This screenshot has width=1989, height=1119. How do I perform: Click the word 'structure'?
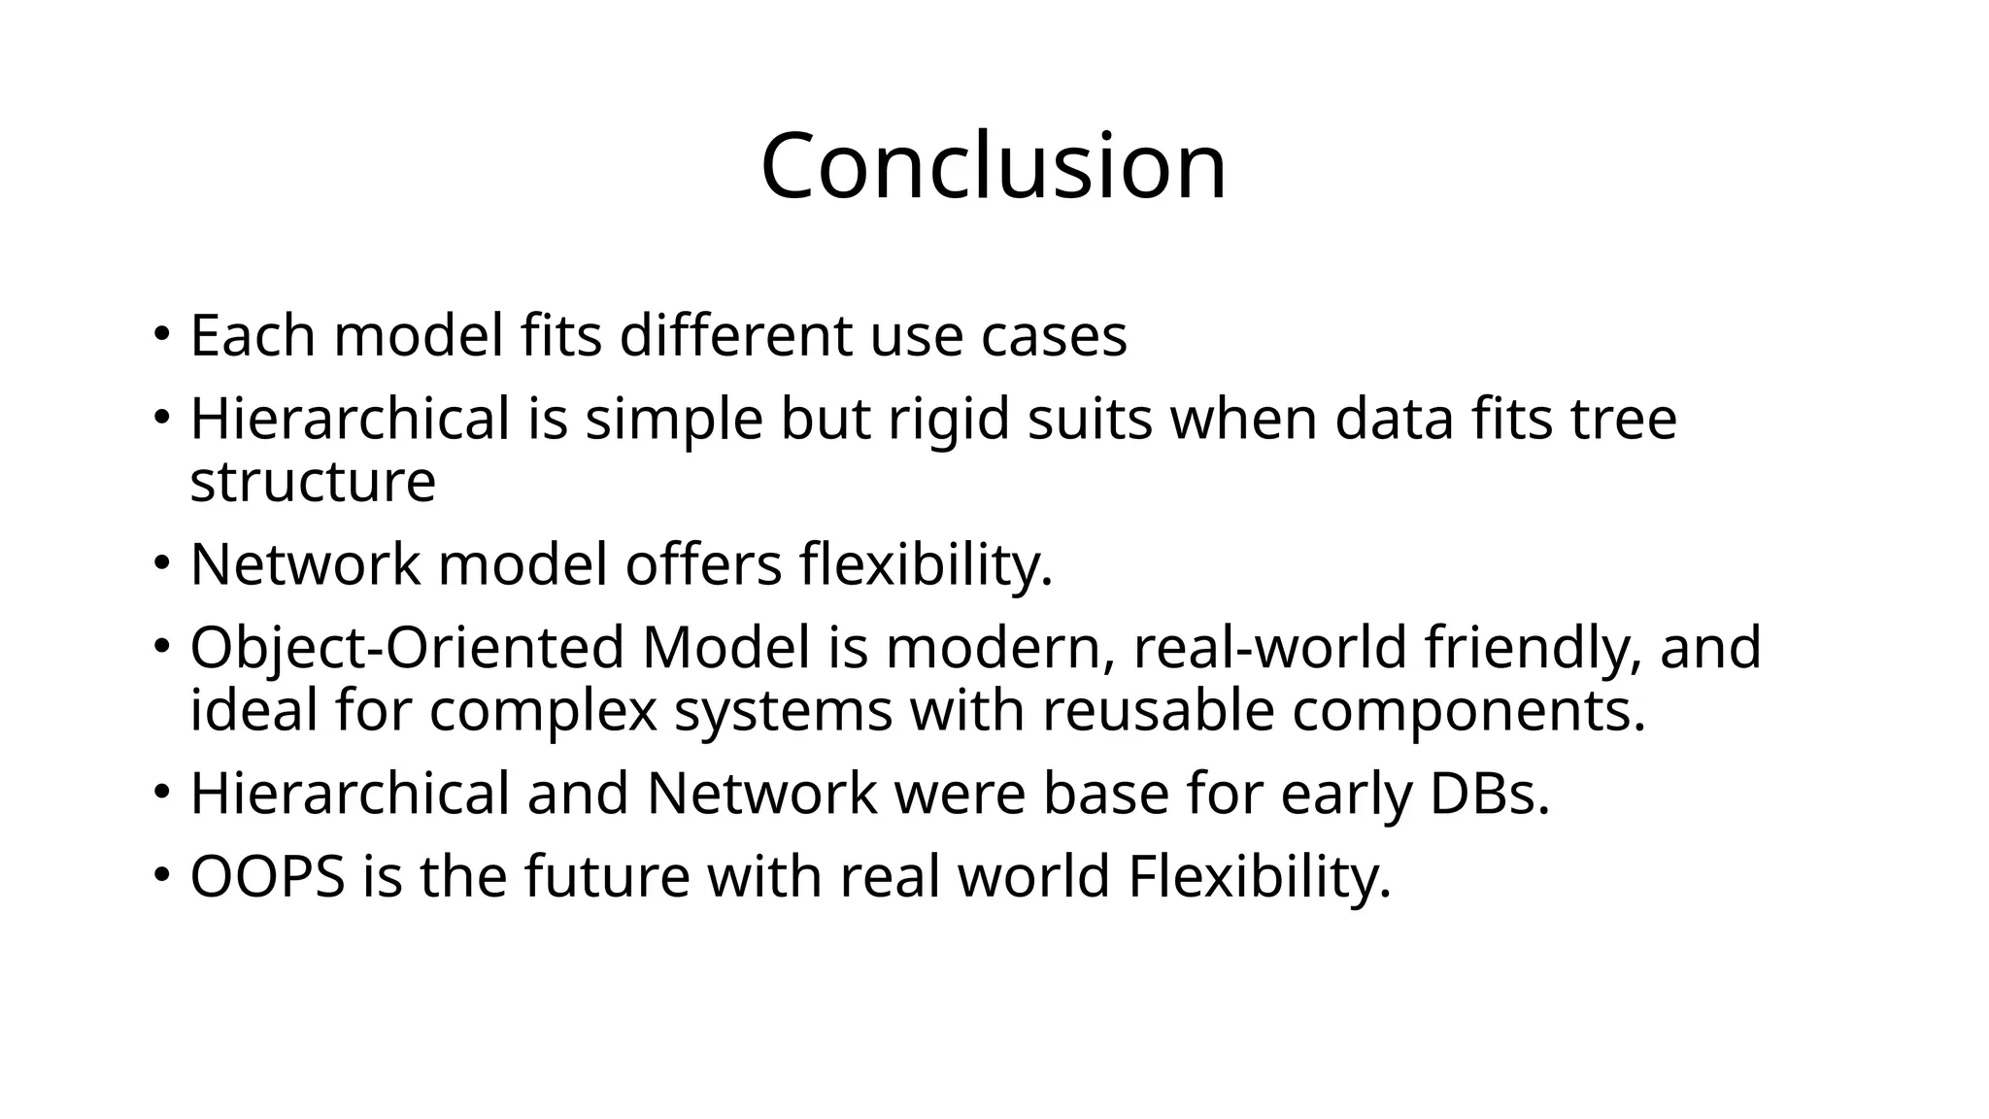tap(313, 482)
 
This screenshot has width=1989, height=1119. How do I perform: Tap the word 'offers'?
tap(703, 564)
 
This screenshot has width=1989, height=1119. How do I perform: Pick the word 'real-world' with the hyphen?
tap(1269, 648)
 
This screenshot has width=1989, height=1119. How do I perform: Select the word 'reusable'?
tap(1158, 711)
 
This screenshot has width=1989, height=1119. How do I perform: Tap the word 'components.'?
tap(1468, 711)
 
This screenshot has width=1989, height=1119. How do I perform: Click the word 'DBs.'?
tap(1490, 794)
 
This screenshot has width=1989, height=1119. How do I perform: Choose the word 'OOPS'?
tap(268, 876)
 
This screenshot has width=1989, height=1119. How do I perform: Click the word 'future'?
tap(607, 876)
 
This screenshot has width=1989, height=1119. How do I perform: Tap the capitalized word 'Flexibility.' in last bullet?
tap(1260, 876)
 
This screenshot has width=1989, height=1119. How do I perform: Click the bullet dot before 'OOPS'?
tap(161, 874)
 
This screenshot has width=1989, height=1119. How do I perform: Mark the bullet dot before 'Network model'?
tap(161, 562)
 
